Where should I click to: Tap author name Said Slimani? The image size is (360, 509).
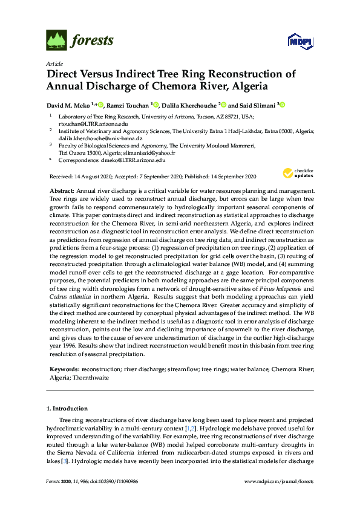coord(257,105)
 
